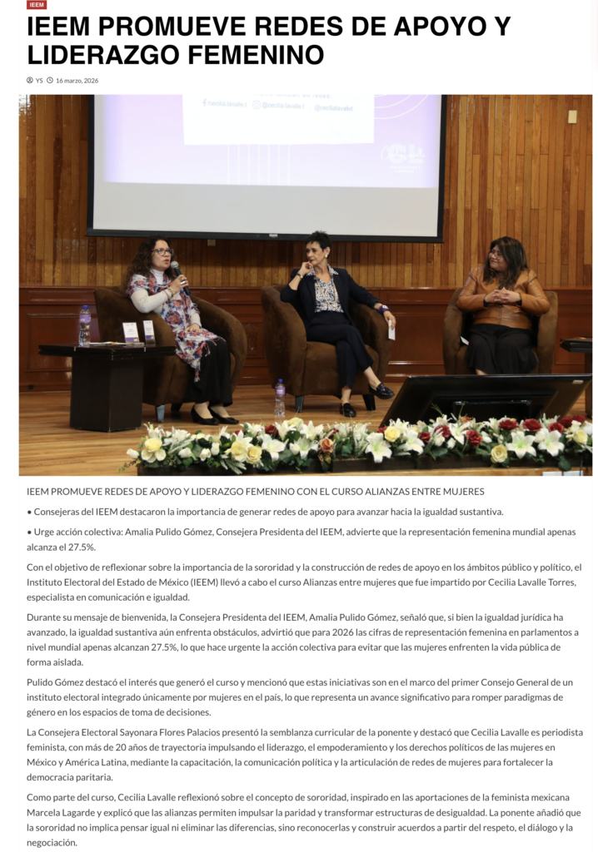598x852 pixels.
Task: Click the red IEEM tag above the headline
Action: (x=37, y=5)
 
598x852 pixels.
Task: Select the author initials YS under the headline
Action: (x=39, y=81)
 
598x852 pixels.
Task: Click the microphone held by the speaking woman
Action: (x=176, y=270)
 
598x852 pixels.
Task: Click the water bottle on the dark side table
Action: (x=84, y=325)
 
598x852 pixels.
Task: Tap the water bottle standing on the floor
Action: (x=280, y=398)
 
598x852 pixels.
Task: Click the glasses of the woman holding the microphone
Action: (x=162, y=251)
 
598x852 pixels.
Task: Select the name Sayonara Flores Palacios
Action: (x=175, y=732)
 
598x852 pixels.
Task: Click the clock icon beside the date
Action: (x=50, y=81)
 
